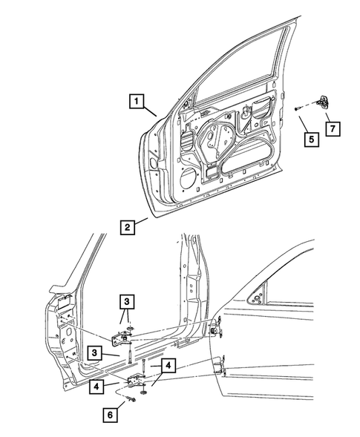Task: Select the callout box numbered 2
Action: pos(128,228)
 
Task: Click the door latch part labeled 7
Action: pos(327,103)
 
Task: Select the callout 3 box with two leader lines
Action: pos(129,301)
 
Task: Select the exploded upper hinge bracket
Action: pos(121,338)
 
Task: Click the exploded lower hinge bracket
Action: pos(139,381)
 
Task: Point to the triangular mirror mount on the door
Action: pos(256,298)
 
